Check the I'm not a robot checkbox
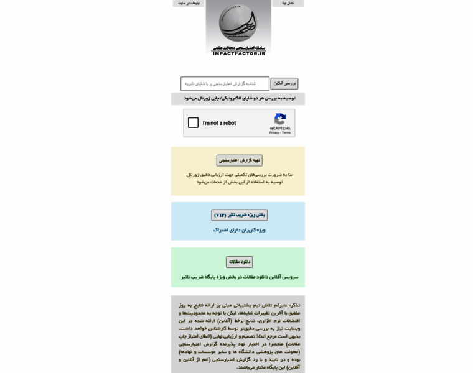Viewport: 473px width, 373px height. pos(193,123)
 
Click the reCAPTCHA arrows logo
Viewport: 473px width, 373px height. pos(280,118)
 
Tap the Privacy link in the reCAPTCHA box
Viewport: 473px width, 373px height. pos(274,132)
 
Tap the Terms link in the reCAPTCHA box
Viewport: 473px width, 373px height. pos(286,132)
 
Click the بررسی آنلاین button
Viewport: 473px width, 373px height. pos(284,83)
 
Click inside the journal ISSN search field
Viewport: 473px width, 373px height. pos(225,83)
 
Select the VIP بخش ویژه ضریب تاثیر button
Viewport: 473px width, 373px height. pos(239,215)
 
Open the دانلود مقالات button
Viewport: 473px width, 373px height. pos(239,262)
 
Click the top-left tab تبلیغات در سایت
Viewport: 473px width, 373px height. pos(189,4)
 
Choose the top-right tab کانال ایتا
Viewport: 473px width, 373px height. pos(288,4)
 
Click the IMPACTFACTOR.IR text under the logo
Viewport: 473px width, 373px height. pos(238,53)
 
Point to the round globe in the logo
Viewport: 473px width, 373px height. pos(237,22)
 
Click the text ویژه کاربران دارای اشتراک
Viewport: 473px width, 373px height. pos(239,230)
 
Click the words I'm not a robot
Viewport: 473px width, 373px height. pos(219,123)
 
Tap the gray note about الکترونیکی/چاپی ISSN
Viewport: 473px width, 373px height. pos(238,98)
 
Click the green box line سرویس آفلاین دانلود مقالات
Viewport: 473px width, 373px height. pos(239,277)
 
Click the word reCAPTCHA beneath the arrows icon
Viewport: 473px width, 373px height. pos(280,128)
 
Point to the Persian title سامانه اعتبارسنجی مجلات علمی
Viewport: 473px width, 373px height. pos(238,47)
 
